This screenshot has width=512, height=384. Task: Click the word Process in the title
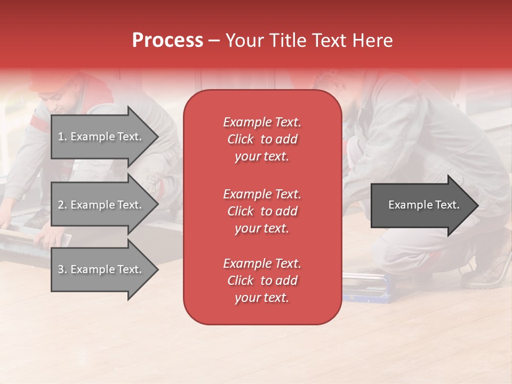(x=167, y=41)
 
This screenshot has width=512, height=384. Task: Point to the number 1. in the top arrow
(x=62, y=137)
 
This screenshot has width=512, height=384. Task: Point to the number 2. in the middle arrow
(x=62, y=205)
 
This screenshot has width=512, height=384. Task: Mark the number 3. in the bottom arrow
(x=62, y=269)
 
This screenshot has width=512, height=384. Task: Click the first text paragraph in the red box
(x=262, y=139)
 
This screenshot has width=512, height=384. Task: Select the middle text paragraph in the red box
(x=262, y=211)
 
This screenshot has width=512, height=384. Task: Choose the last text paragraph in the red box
(x=262, y=281)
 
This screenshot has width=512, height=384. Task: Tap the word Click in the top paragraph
(x=240, y=139)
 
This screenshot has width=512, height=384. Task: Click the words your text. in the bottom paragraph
(x=262, y=298)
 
